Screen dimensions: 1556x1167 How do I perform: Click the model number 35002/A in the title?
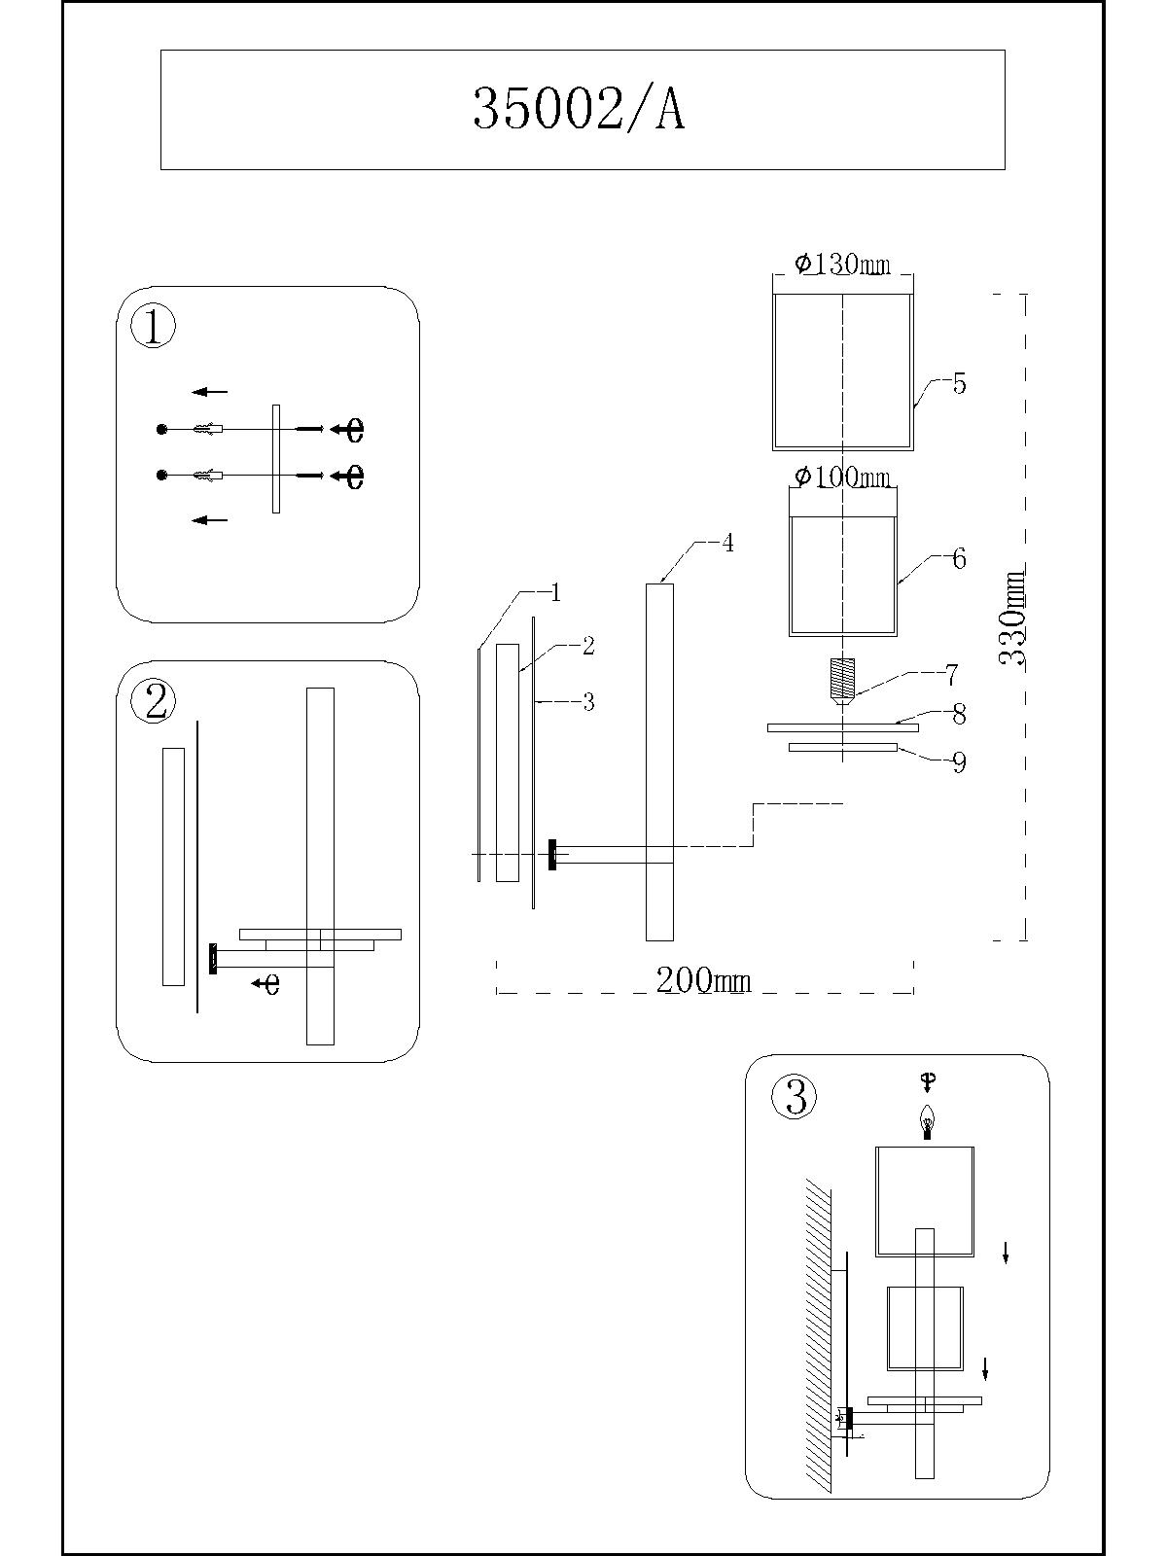(580, 109)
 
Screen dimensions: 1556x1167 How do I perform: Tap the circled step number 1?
(153, 327)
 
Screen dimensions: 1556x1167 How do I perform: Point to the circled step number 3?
(794, 1097)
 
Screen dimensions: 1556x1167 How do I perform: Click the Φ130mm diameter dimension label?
(842, 264)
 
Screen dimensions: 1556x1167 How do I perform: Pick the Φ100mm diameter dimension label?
(842, 477)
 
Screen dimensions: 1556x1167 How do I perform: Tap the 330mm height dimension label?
(1013, 618)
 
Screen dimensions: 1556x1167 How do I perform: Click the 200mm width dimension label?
(703, 980)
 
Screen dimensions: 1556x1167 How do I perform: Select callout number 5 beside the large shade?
(959, 383)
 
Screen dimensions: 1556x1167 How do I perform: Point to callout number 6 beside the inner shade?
(959, 559)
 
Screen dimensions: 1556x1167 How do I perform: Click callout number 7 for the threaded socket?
(951, 674)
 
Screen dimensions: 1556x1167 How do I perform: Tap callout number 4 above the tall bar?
(726, 543)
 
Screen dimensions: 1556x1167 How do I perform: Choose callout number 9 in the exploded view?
(959, 762)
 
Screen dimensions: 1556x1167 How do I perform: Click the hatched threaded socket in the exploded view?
(842, 678)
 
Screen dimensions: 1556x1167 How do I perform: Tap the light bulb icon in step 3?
(928, 1122)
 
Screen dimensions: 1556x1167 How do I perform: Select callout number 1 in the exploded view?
(555, 592)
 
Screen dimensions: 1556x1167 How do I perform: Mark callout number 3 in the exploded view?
(587, 702)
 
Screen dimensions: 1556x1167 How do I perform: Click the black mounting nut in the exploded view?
(552, 855)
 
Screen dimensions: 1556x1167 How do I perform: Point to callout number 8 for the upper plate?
(959, 715)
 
